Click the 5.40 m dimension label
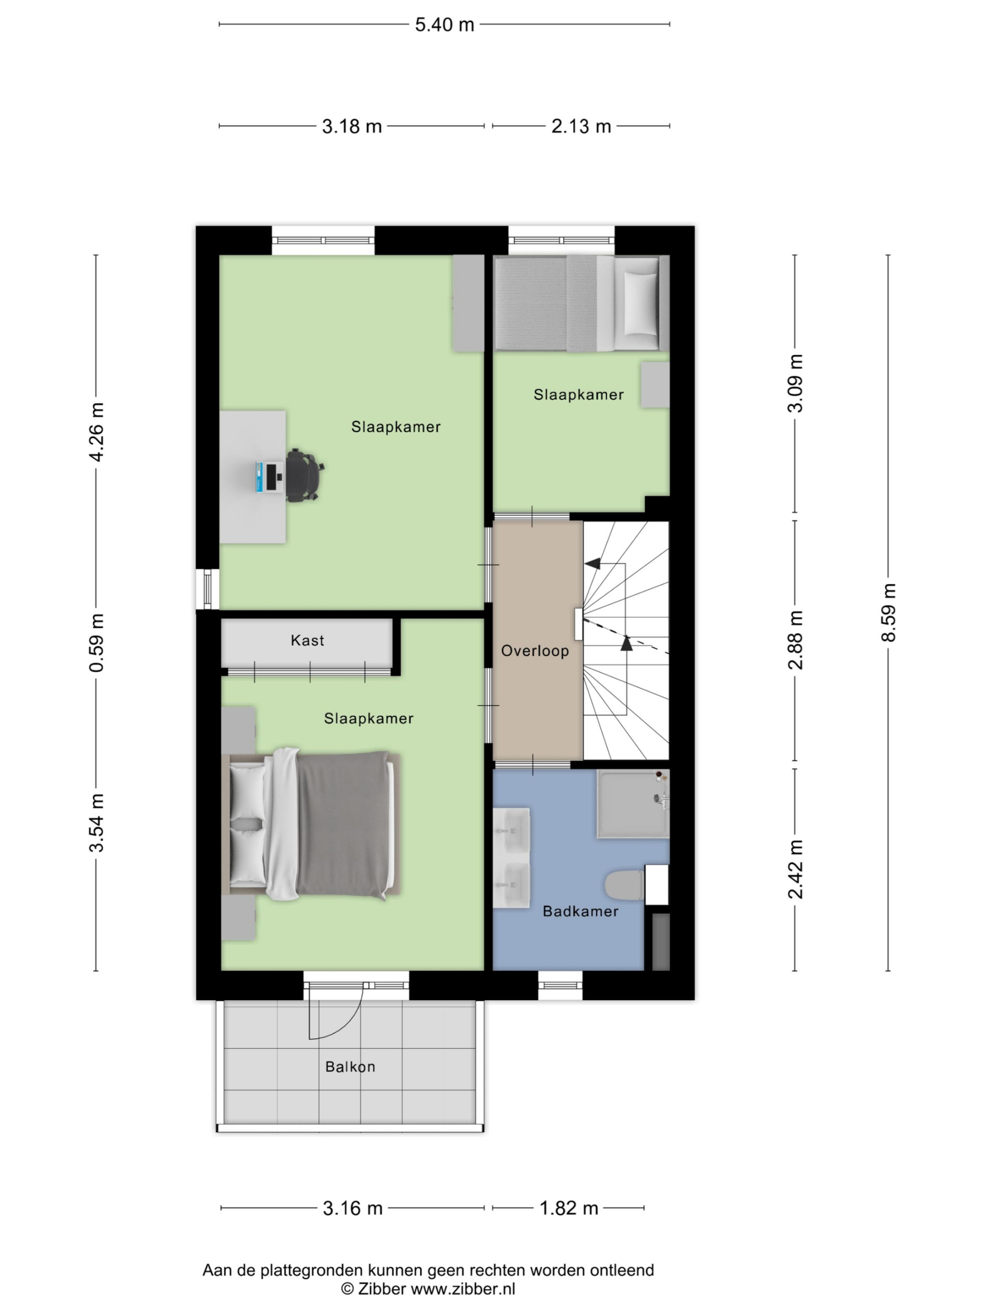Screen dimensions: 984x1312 click(444, 25)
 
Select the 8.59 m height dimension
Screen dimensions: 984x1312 click(888, 613)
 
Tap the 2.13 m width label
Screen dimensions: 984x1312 click(581, 127)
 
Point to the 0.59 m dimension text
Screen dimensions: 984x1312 click(96, 643)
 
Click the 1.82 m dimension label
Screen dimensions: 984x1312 click(569, 1208)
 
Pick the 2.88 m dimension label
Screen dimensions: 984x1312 click(795, 640)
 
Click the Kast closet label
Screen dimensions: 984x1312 click(307, 641)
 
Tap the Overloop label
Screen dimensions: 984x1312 click(535, 651)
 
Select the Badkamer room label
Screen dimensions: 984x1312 click(580, 911)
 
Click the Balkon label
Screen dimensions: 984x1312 click(350, 1067)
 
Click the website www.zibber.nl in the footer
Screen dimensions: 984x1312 click(463, 1288)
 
